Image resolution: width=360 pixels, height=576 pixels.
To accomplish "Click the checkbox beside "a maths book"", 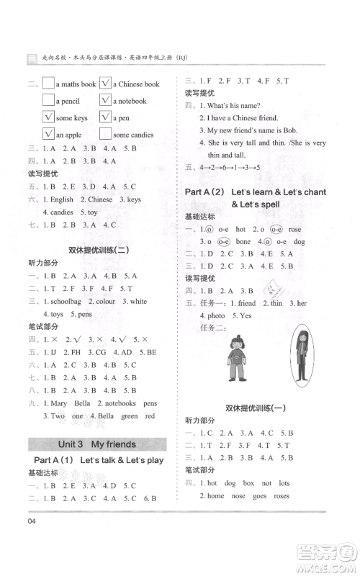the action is [x=49, y=84].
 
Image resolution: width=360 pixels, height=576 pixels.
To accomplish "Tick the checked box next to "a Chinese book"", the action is [x=104, y=84].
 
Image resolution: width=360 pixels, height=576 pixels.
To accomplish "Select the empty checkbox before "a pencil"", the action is [x=49, y=101].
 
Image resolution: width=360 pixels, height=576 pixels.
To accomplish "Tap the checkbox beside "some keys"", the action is [x=49, y=117].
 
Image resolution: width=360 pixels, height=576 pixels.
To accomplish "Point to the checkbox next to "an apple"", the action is [x=49, y=134].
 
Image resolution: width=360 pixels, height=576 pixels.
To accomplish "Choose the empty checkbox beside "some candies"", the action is [x=104, y=134].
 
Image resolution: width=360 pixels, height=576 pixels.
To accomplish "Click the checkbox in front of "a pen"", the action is [x=104, y=117].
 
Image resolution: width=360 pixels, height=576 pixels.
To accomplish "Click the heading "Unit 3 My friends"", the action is [x=96, y=444].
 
